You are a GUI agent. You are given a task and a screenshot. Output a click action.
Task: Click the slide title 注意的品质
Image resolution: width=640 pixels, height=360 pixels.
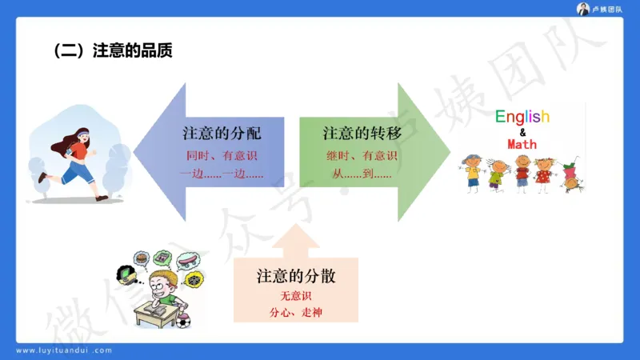coord(113,50)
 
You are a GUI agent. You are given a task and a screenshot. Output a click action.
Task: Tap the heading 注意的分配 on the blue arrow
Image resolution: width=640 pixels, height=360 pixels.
coord(222,133)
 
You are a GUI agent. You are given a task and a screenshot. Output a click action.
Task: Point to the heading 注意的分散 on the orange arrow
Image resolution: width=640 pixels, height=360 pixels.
coord(295,277)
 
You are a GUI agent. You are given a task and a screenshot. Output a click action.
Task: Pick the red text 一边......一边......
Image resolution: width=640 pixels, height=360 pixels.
coord(222,174)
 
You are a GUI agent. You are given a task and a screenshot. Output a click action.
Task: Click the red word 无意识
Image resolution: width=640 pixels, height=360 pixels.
coord(295,297)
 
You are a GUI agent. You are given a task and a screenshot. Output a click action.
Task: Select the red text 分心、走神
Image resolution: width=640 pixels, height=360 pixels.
coord(295,313)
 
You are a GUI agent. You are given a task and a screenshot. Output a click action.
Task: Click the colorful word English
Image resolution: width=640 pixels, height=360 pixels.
coord(522,117)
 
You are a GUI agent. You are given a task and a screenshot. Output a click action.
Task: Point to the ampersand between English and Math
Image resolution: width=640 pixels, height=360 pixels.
coord(522,131)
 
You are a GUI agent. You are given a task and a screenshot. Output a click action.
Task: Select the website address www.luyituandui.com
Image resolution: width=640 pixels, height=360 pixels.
coord(64,350)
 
